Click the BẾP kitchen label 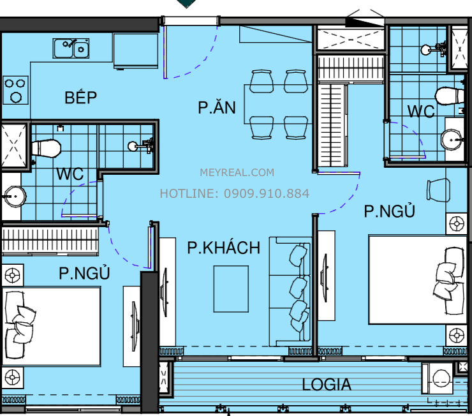pyautogui.click(x=80, y=98)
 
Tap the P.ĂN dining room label pyautogui.click(x=216, y=107)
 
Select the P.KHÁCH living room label pyautogui.click(x=223, y=248)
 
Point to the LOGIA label pyautogui.click(x=327, y=385)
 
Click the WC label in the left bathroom pyautogui.click(x=70, y=174)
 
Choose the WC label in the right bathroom pyautogui.click(x=421, y=111)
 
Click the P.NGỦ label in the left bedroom pyautogui.click(x=84, y=273)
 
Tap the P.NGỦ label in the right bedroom pyautogui.click(x=389, y=211)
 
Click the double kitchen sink pyautogui.click(x=71, y=48)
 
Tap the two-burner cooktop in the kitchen pyautogui.click(x=15, y=90)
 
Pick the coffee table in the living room pyautogui.click(x=231, y=289)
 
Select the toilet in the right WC pyautogui.click(x=450, y=96)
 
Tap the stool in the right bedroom pyautogui.click(x=439, y=189)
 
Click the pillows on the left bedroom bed pyautogui.click(x=22, y=323)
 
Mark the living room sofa pyautogui.click(x=292, y=291)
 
